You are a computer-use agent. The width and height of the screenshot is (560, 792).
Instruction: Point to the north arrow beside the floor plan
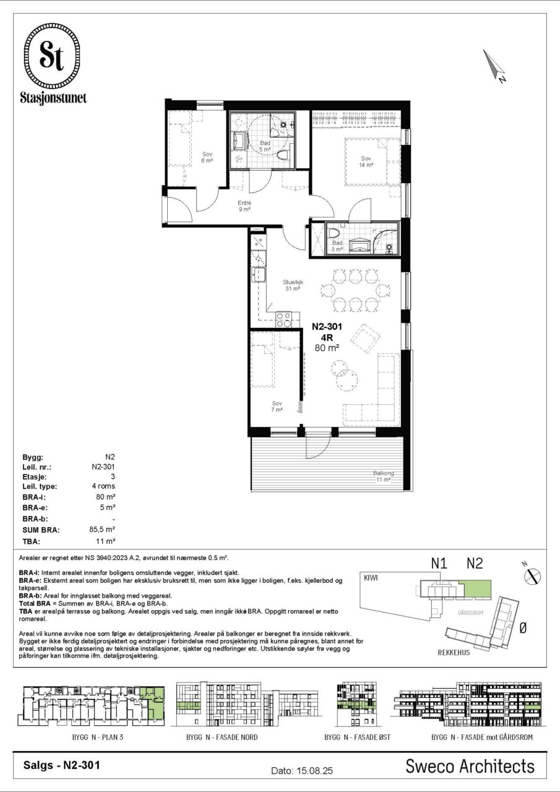pyautogui.click(x=494, y=66)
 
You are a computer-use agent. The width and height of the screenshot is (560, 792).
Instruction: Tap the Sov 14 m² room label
pyautogui.click(x=366, y=161)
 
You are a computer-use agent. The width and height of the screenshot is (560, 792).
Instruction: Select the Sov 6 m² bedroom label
pyautogui.click(x=207, y=157)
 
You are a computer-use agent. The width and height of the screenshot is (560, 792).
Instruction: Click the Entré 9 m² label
pyautogui.click(x=244, y=206)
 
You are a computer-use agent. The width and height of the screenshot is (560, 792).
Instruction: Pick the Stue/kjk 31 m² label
pyautogui.click(x=293, y=285)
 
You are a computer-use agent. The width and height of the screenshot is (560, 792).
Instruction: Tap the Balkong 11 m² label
pyautogui.click(x=383, y=476)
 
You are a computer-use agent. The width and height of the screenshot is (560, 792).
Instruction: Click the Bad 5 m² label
pyautogui.click(x=265, y=146)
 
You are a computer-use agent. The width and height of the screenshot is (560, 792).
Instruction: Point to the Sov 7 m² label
pyautogui.click(x=277, y=407)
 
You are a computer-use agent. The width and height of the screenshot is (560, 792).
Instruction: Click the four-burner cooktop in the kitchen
pyautogui.click(x=284, y=319)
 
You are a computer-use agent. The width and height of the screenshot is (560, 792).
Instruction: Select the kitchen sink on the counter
pyautogui.click(x=259, y=275)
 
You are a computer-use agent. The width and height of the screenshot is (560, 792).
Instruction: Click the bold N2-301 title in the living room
pyautogui.click(x=327, y=326)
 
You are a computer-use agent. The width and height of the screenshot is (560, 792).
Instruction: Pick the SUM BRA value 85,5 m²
pyautogui.click(x=102, y=529)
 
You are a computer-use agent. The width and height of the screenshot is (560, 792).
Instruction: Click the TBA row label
pyautogui.click(x=32, y=541)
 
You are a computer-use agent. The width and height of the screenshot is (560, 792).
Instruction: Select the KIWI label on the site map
pyautogui.click(x=371, y=577)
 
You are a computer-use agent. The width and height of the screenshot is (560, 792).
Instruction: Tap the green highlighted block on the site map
pyautogui.click(x=477, y=588)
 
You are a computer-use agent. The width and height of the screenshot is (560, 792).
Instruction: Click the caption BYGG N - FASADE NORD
pyautogui.click(x=222, y=737)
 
